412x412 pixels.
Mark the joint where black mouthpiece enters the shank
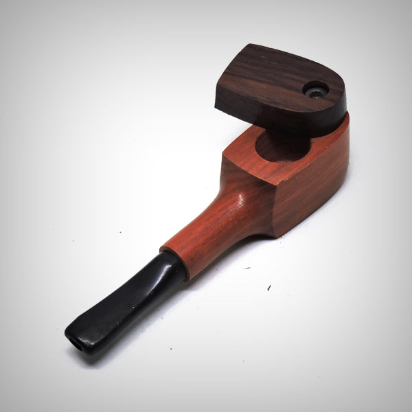(x=172, y=264)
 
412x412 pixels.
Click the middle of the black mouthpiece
(x=130, y=292)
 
